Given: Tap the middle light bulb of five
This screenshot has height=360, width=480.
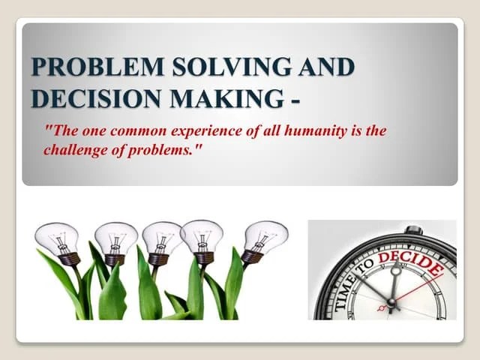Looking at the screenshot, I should [161, 238].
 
